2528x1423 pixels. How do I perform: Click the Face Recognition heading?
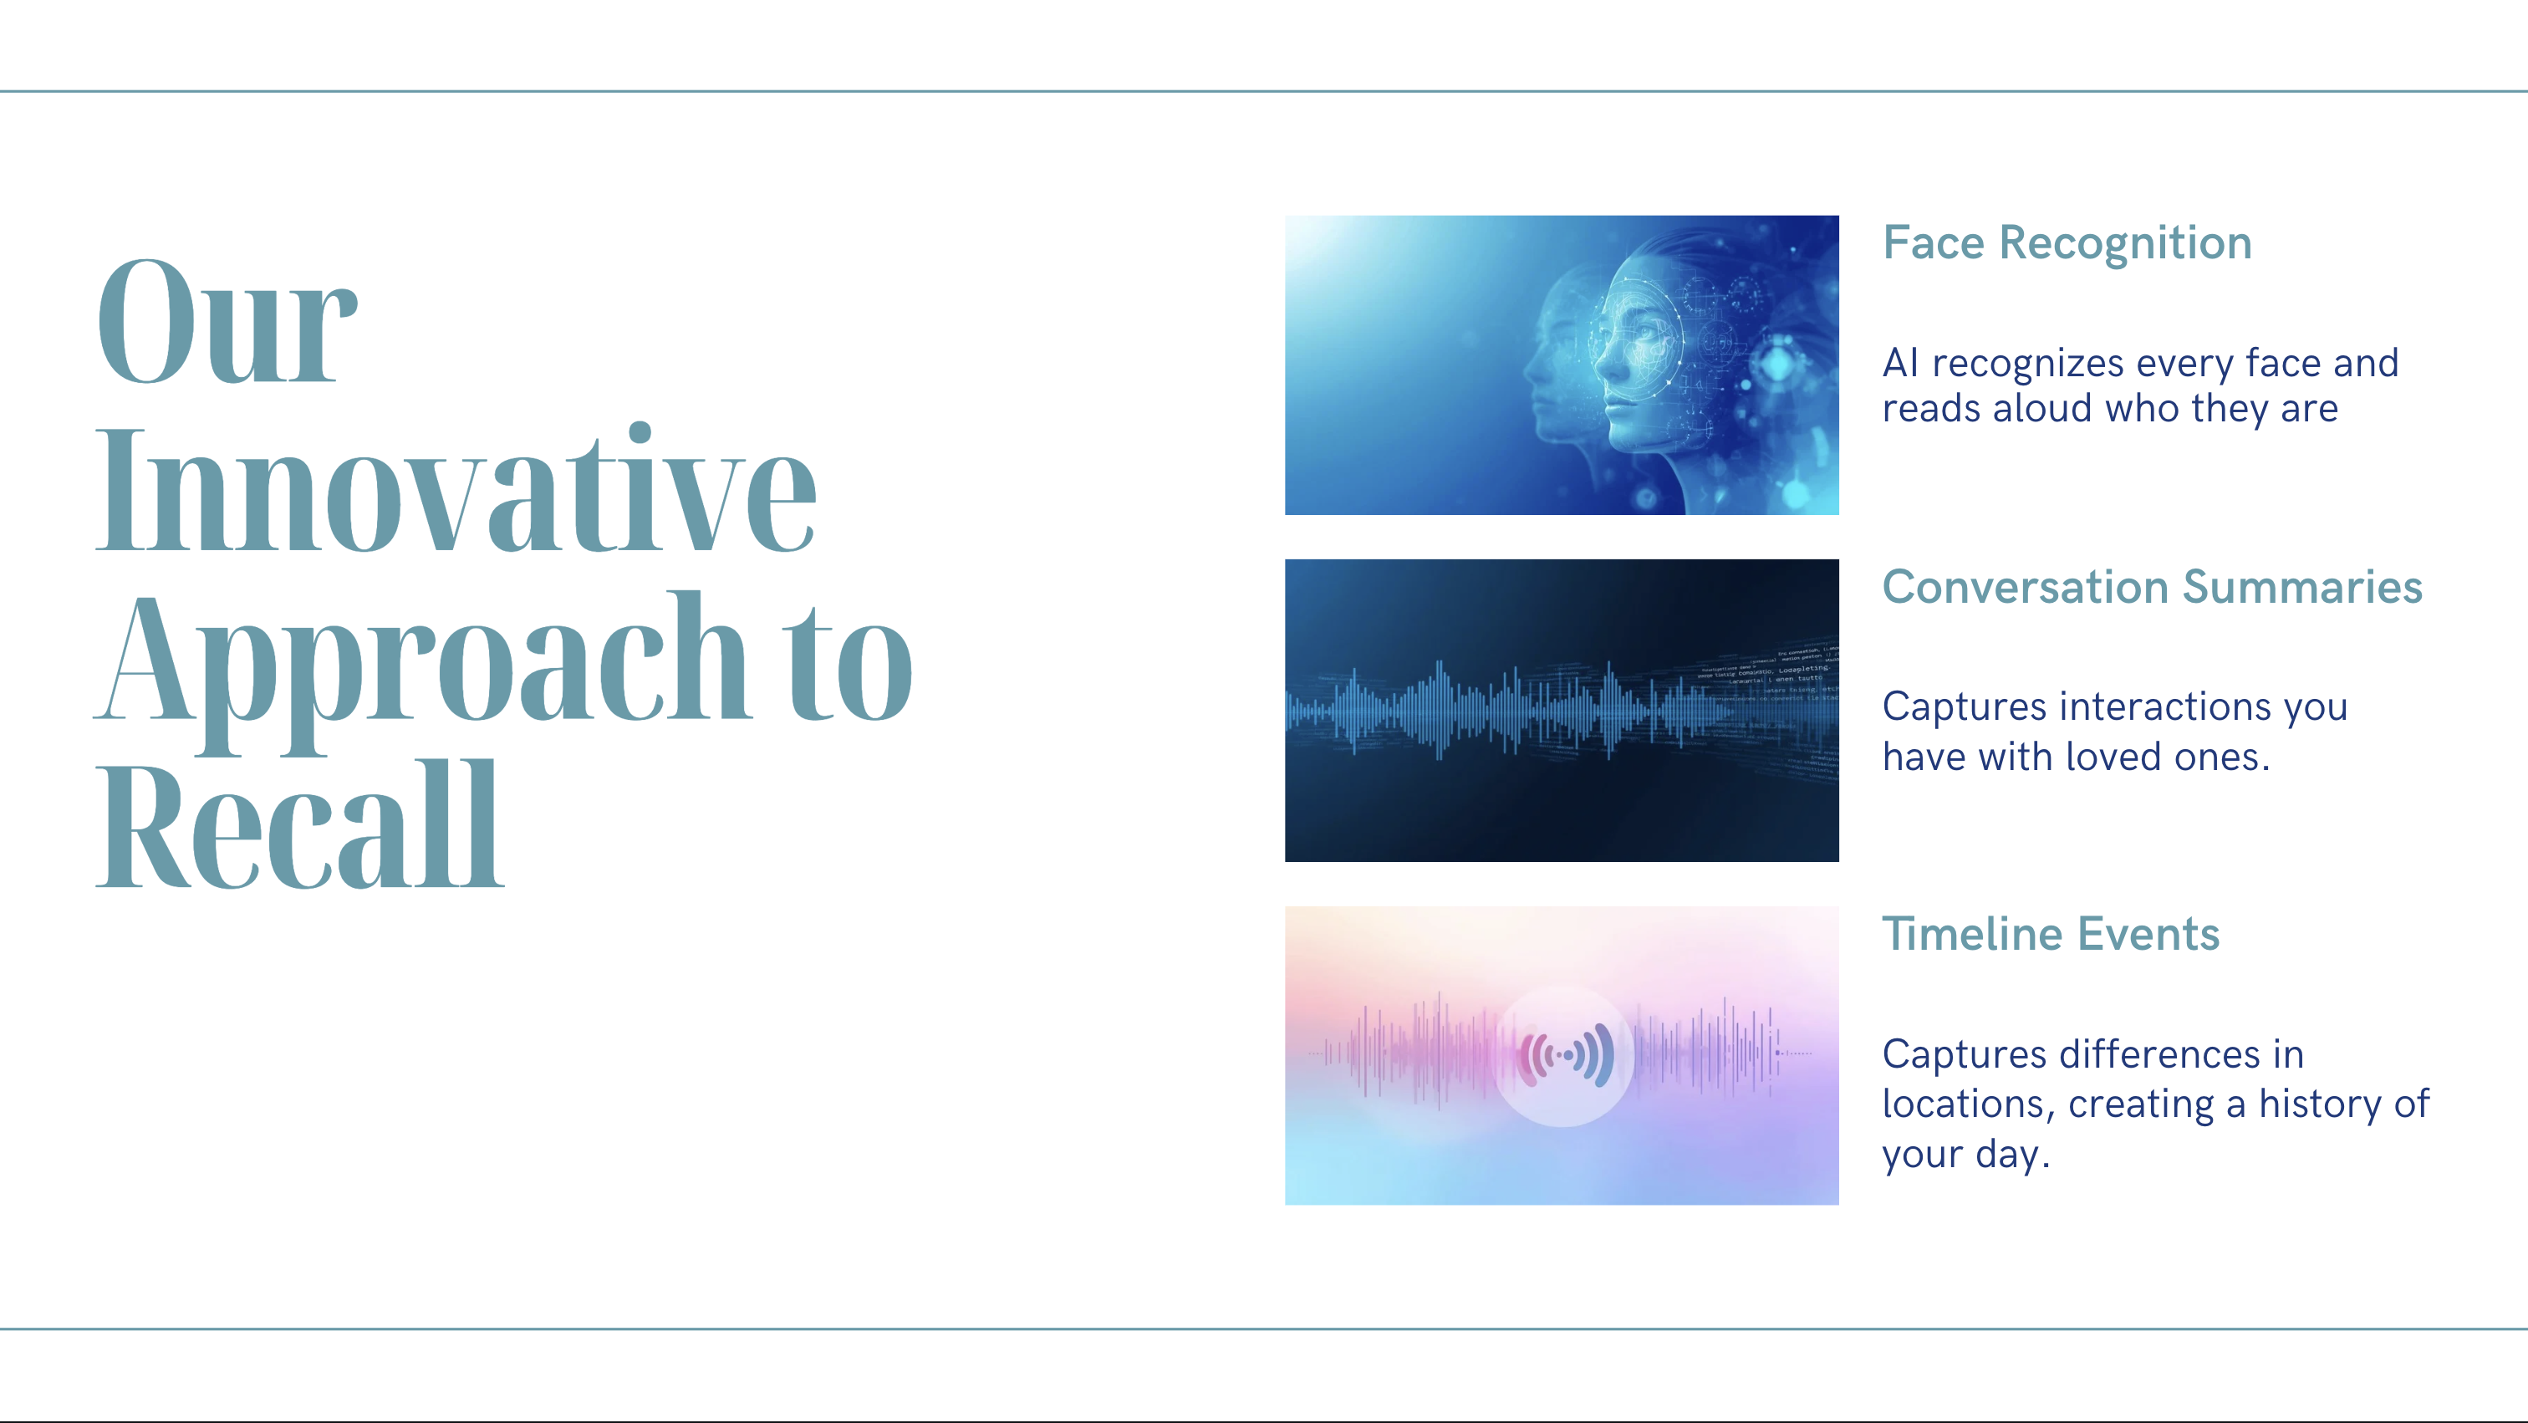[x=2067, y=243]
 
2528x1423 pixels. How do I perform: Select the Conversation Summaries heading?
[x=2152, y=587]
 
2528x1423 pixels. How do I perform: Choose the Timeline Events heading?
[x=2050, y=933]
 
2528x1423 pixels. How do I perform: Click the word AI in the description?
[x=1900, y=363]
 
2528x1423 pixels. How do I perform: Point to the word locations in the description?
[x=1964, y=1105]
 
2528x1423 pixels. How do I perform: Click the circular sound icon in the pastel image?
[x=1564, y=1056]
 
